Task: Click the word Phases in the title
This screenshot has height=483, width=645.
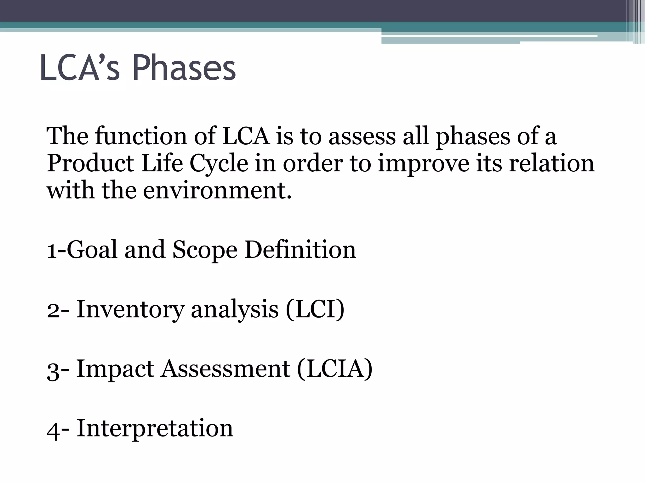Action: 184,68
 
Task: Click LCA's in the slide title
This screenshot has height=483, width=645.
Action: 80,68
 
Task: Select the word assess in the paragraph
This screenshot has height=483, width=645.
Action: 362,136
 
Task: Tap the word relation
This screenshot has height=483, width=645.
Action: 551,164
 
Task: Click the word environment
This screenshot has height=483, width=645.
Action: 217,191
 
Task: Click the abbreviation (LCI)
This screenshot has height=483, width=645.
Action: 315,309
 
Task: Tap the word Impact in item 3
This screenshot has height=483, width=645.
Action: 115,369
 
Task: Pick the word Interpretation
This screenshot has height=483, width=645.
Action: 155,428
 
